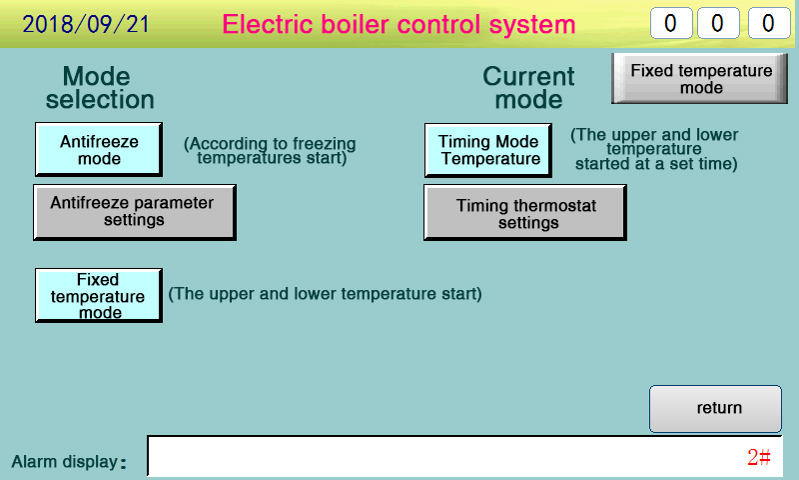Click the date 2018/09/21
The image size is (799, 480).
pyautogui.click(x=86, y=24)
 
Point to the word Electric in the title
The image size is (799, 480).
pyautogui.click(x=267, y=24)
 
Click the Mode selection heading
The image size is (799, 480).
pyautogui.click(x=99, y=88)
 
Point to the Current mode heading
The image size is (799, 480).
pyautogui.click(x=528, y=88)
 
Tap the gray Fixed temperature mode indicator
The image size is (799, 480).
pyautogui.click(x=700, y=79)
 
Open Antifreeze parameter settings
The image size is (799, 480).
pyautogui.click(x=135, y=212)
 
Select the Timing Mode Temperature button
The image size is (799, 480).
pyautogui.click(x=488, y=150)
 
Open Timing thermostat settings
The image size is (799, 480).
pyautogui.click(x=525, y=212)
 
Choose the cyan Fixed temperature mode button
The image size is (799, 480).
pyautogui.click(x=99, y=295)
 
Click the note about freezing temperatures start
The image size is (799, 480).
pyautogui.click(x=270, y=150)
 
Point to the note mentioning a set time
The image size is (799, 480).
pyautogui.click(x=655, y=149)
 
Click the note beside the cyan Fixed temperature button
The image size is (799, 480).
pyautogui.click(x=326, y=294)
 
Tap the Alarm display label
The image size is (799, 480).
pyautogui.click(x=69, y=462)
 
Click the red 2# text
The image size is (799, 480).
pyautogui.click(x=759, y=457)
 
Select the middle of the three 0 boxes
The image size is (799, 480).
pyautogui.click(x=718, y=23)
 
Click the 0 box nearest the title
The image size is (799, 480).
pyautogui.click(x=671, y=23)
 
